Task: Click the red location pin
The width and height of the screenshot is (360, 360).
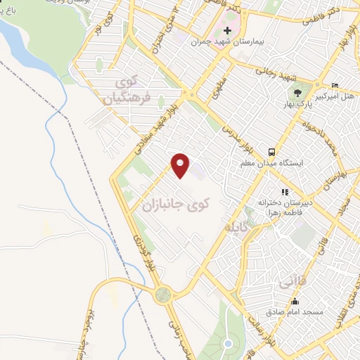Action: (x=181, y=165)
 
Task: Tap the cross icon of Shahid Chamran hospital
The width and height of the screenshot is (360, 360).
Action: (x=227, y=30)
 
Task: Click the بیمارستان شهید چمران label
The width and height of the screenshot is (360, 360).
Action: (x=229, y=41)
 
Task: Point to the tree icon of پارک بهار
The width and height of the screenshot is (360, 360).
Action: (x=299, y=92)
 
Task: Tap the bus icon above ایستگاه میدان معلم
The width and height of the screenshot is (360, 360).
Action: (x=270, y=153)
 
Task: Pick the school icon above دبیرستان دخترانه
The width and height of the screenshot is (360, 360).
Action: (x=284, y=191)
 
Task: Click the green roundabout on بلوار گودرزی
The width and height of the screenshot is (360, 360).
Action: (x=164, y=294)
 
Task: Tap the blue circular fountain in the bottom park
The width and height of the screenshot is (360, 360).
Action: (x=227, y=343)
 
